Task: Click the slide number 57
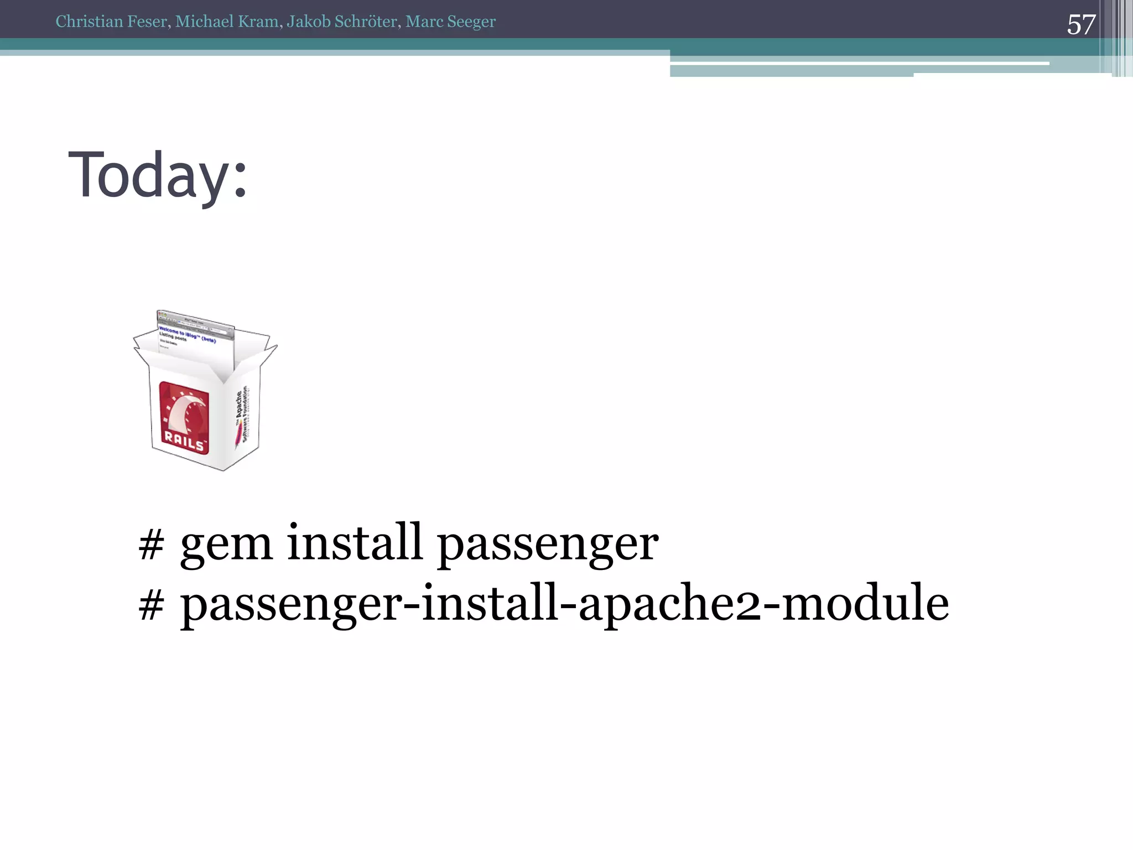(x=1080, y=25)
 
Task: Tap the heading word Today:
(x=157, y=176)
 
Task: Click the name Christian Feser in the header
(x=112, y=22)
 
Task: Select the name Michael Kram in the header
(x=227, y=22)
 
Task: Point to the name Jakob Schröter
(x=342, y=22)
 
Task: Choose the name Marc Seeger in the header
(x=450, y=22)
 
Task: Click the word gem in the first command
(x=226, y=545)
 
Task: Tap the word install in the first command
(x=355, y=542)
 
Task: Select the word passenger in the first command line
(x=548, y=546)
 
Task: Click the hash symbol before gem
(x=151, y=545)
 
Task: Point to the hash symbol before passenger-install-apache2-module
(x=151, y=605)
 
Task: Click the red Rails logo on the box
(x=184, y=418)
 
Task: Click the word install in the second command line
(x=489, y=603)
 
